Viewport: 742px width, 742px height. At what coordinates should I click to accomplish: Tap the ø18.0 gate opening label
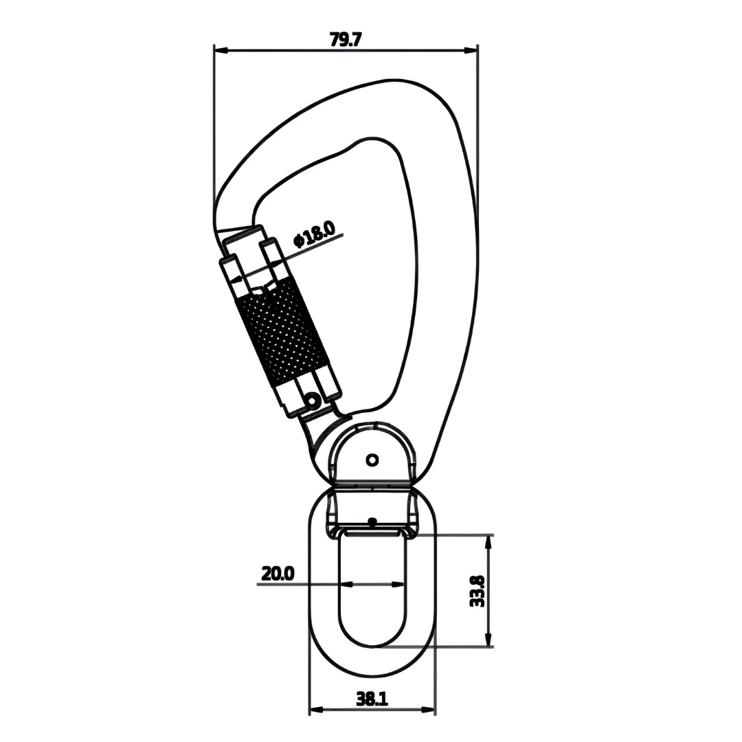coord(314,235)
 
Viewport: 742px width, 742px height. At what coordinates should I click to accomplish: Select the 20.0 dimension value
coord(278,574)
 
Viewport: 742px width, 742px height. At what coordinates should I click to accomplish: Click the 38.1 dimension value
coord(372,699)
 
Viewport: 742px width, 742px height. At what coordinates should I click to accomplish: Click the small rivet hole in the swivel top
coord(372,459)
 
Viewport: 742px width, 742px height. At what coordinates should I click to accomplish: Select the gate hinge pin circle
coord(313,401)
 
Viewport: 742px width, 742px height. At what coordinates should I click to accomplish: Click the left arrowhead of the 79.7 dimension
coord(221,49)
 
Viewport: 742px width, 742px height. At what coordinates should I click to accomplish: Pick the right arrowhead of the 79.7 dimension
coord(470,49)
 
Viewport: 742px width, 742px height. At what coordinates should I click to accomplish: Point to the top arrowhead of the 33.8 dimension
coord(487,543)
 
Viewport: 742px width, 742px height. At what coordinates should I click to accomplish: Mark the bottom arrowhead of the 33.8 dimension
coord(487,639)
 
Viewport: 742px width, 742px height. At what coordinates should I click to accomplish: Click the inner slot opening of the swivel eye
coord(372,589)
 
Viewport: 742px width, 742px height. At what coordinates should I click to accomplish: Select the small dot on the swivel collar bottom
coord(372,522)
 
